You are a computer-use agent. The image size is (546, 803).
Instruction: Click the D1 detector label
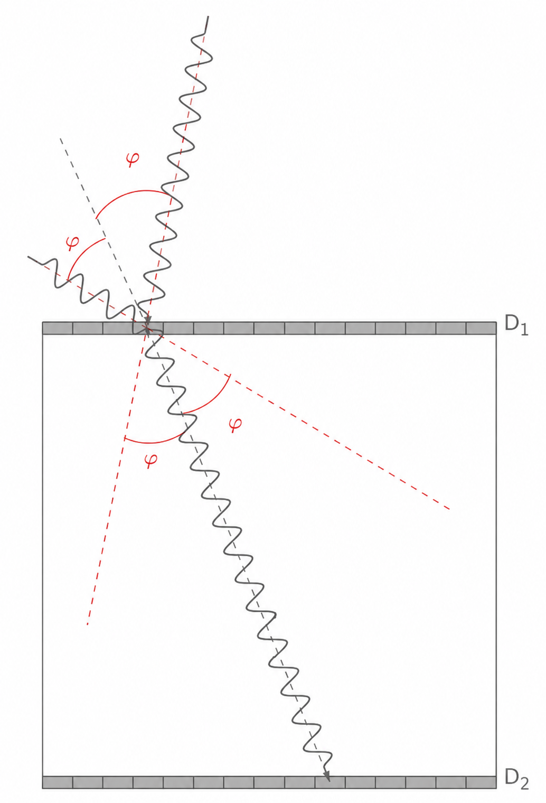516,325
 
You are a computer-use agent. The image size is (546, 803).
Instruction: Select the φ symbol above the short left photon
72,243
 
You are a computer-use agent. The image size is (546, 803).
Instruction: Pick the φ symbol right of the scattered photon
235,424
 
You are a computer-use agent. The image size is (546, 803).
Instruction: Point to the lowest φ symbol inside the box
151,460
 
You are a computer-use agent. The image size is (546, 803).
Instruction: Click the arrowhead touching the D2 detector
327,774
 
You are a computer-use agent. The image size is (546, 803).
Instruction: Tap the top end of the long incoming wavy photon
208,16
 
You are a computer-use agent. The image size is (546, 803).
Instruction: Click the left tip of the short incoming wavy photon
29,257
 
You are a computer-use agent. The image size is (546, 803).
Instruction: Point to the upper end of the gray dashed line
60,138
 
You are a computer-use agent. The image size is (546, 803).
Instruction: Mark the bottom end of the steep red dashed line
87,624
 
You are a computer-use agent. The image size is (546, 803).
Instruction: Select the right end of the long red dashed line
449,509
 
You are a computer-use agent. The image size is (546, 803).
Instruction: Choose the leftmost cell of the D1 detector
58,328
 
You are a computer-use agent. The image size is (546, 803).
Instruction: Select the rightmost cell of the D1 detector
481,328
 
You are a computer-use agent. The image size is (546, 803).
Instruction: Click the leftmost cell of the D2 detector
58,782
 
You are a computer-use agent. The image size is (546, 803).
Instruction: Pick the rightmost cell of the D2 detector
481,782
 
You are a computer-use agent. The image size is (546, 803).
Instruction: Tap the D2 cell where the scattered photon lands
330,782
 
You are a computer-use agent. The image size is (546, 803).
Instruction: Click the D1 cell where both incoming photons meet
148,328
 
